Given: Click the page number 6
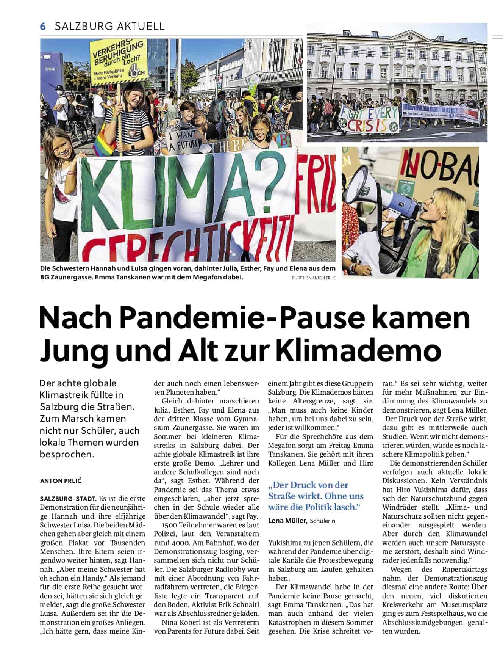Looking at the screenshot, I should point(43,26).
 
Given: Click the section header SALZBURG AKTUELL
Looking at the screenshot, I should point(110,26).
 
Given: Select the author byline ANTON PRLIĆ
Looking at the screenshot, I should point(61,481).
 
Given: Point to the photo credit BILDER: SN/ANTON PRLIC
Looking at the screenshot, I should point(314,278).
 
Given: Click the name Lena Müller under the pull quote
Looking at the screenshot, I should point(287,521).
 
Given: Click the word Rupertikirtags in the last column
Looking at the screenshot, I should point(465,569).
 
